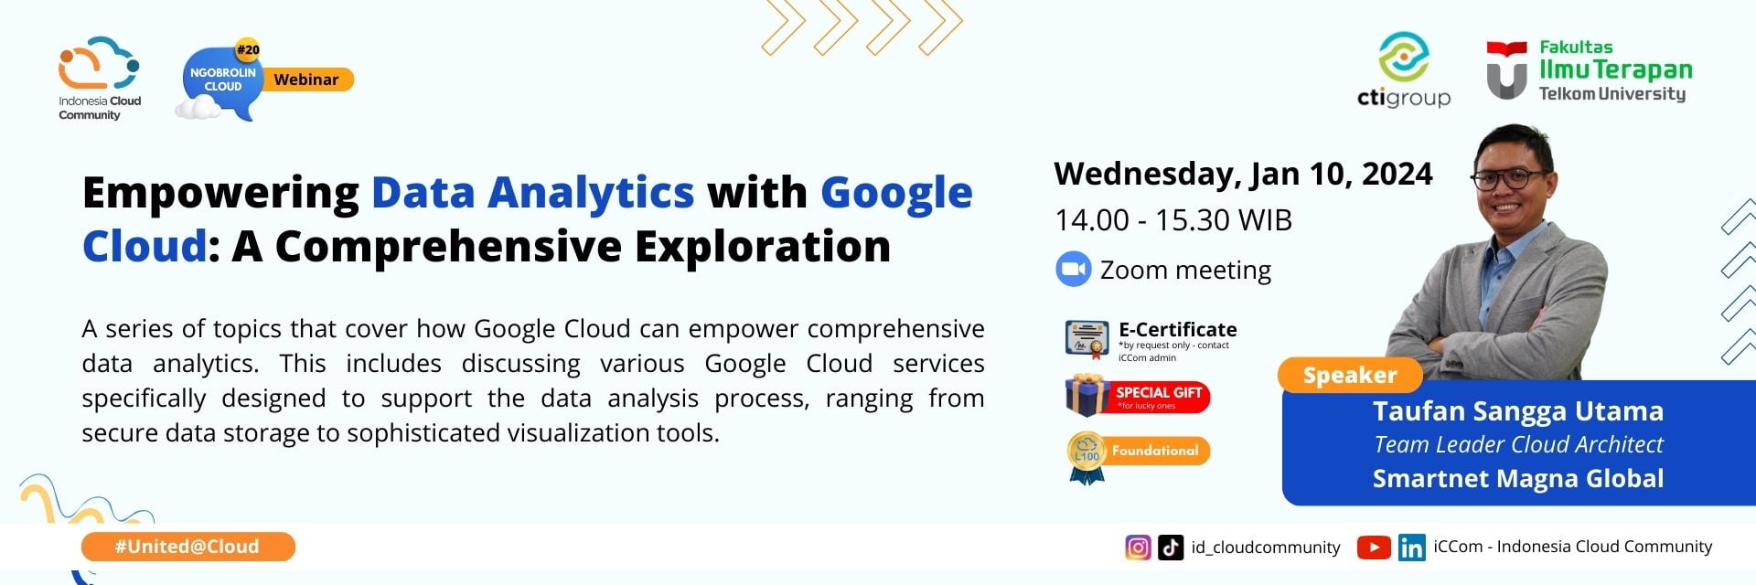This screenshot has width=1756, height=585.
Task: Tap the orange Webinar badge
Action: pyautogui.click(x=306, y=80)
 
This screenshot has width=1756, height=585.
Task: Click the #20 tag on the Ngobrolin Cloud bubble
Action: pyautogui.click(x=247, y=49)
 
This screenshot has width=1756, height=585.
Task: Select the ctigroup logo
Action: pyautogui.click(x=1403, y=71)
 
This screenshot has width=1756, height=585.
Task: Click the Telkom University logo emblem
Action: pyautogui.click(x=1505, y=69)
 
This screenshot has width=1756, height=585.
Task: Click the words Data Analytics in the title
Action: pyautogui.click(x=532, y=193)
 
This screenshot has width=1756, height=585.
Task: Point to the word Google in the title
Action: pyautogui.click(x=895, y=193)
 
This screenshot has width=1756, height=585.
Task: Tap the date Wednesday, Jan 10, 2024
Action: pyautogui.click(x=1242, y=174)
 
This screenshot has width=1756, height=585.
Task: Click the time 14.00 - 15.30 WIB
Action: pyautogui.click(x=1172, y=220)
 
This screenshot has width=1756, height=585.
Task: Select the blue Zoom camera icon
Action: pyautogui.click(x=1073, y=270)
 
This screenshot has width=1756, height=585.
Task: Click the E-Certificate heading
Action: pyautogui.click(x=1177, y=329)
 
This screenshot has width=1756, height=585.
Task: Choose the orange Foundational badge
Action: pyautogui.click(x=1154, y=451)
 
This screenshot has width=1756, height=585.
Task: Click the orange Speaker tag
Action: pyautogui.click(x=1349, y=375)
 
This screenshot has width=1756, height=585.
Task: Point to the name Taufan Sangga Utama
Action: pyautogui.click(x=1517, y=411)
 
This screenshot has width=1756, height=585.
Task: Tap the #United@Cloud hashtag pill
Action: pyautogui.click(x=187, y=547)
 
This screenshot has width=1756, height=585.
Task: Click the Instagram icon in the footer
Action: pyautogui.click(x=1138, y=547)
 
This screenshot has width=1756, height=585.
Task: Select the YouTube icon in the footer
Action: pyautogui.click(x=1373, y=547)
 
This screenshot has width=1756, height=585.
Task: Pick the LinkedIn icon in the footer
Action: pyautogui.click(x=1411, y=547)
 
